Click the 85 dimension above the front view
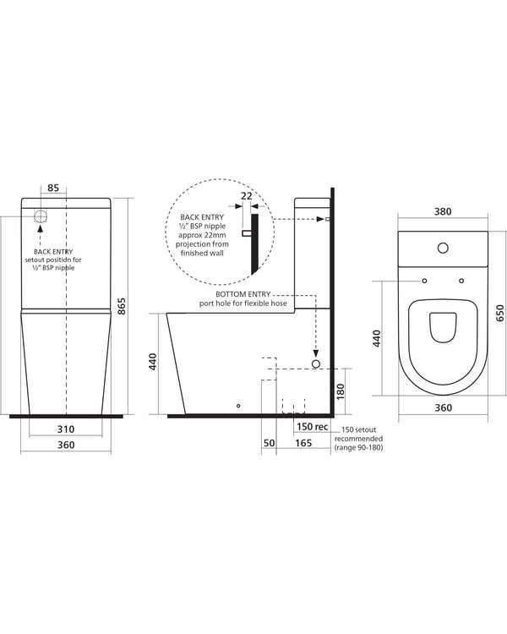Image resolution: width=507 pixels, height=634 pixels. click(x=52, y=187)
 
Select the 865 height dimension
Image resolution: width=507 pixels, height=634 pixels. click(x=122, y=306)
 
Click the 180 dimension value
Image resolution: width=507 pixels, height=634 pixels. click(x=339, y=391)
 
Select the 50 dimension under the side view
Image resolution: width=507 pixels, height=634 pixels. click(x=270, y=442)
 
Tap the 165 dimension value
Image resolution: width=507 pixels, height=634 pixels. click(x=303, y=442)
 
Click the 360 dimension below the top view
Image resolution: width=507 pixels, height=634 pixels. click(x=443, y=407)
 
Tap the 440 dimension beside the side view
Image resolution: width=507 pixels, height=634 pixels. click(x=153, y=363)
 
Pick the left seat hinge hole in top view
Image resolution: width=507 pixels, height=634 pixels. click(x=423, y=281)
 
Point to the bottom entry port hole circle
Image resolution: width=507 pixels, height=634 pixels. click(x=316, y=363)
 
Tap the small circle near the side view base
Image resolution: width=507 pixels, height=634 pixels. click(x=239, y=406)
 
